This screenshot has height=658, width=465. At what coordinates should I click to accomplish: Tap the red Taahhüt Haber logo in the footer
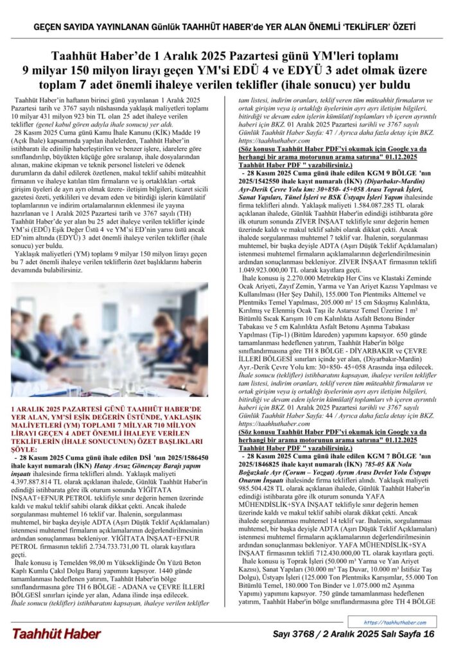(x=56, y=634)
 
